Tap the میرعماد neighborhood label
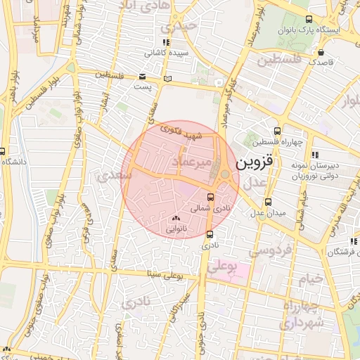tap(186, 162)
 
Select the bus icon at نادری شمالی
tap(211, 196)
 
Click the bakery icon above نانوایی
tap(176, 219)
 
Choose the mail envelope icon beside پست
tap(143, 76)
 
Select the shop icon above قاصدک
tap(321, 51)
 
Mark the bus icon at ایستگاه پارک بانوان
tap(310, 20)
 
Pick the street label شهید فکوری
tap(181, 131)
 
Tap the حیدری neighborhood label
tap(176, 27)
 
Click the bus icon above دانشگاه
tap(2, 151)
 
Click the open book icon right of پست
tap(167, 78)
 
